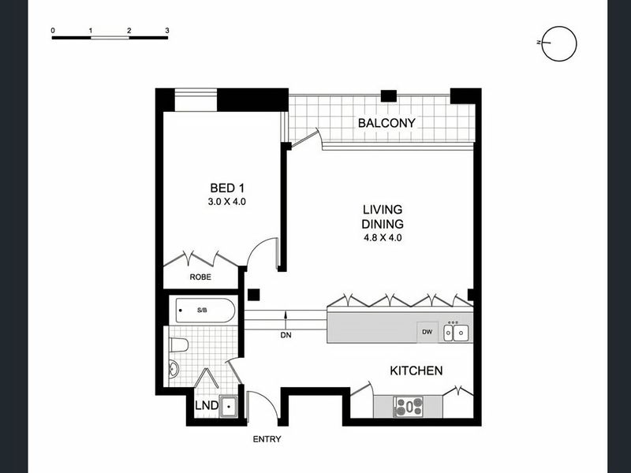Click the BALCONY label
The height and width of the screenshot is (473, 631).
point(386,123)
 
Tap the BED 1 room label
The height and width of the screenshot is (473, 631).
point(227,188)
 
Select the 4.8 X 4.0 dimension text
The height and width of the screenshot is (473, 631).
point(383,238)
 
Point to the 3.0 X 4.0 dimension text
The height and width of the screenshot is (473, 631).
point(226,202)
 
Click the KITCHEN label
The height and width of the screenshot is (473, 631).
point(416,371)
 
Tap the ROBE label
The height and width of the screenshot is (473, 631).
point(200,277)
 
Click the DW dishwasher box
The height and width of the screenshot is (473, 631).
point(428,332)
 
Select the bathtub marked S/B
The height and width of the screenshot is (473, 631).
point(205,310)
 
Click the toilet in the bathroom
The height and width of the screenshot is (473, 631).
point(179,345)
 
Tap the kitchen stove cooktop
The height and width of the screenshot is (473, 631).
point(409,406)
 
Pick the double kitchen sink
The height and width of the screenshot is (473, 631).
point(456,333)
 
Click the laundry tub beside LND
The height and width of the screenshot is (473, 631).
point(229,406)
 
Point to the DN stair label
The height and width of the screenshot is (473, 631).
point(286,335)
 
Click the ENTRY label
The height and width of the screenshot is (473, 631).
point(267,439)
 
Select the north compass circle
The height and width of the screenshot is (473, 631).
point(559,44)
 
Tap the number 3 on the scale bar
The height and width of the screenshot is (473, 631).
point(167,31)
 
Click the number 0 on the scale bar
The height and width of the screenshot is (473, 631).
point(53,31)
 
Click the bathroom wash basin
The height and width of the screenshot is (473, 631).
point(174,369)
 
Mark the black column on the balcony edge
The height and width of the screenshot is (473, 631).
point(389,95)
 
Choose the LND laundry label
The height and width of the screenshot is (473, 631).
point(207,405)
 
